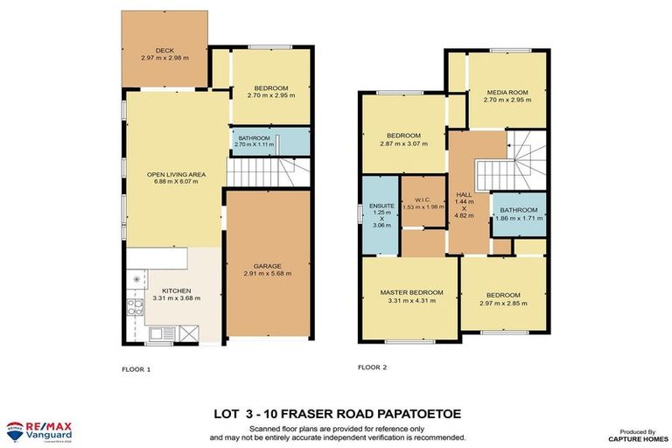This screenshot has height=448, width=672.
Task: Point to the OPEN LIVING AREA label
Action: tap(175, 175)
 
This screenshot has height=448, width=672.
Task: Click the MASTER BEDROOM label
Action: tap(407, 292)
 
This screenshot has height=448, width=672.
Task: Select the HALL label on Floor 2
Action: tap(465, 194)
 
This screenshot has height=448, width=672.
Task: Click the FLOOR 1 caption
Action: tap(136, 369)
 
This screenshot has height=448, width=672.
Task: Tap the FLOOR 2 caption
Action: tap(374, 368)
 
